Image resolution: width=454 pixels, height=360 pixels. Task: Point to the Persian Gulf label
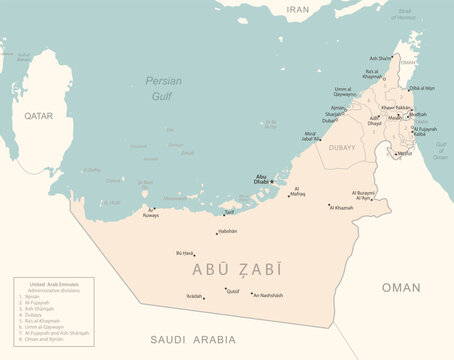[163, 87]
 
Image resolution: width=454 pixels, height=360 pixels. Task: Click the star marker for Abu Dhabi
[271, 181]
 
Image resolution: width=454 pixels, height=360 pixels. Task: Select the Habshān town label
[227, 232]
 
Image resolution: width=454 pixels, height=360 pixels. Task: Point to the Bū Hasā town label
[184, 254]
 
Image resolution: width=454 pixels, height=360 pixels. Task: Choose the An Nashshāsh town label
[269, 296]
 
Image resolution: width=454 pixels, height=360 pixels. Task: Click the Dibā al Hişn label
[428, 88]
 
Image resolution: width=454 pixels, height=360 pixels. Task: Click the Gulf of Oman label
[440, 151]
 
